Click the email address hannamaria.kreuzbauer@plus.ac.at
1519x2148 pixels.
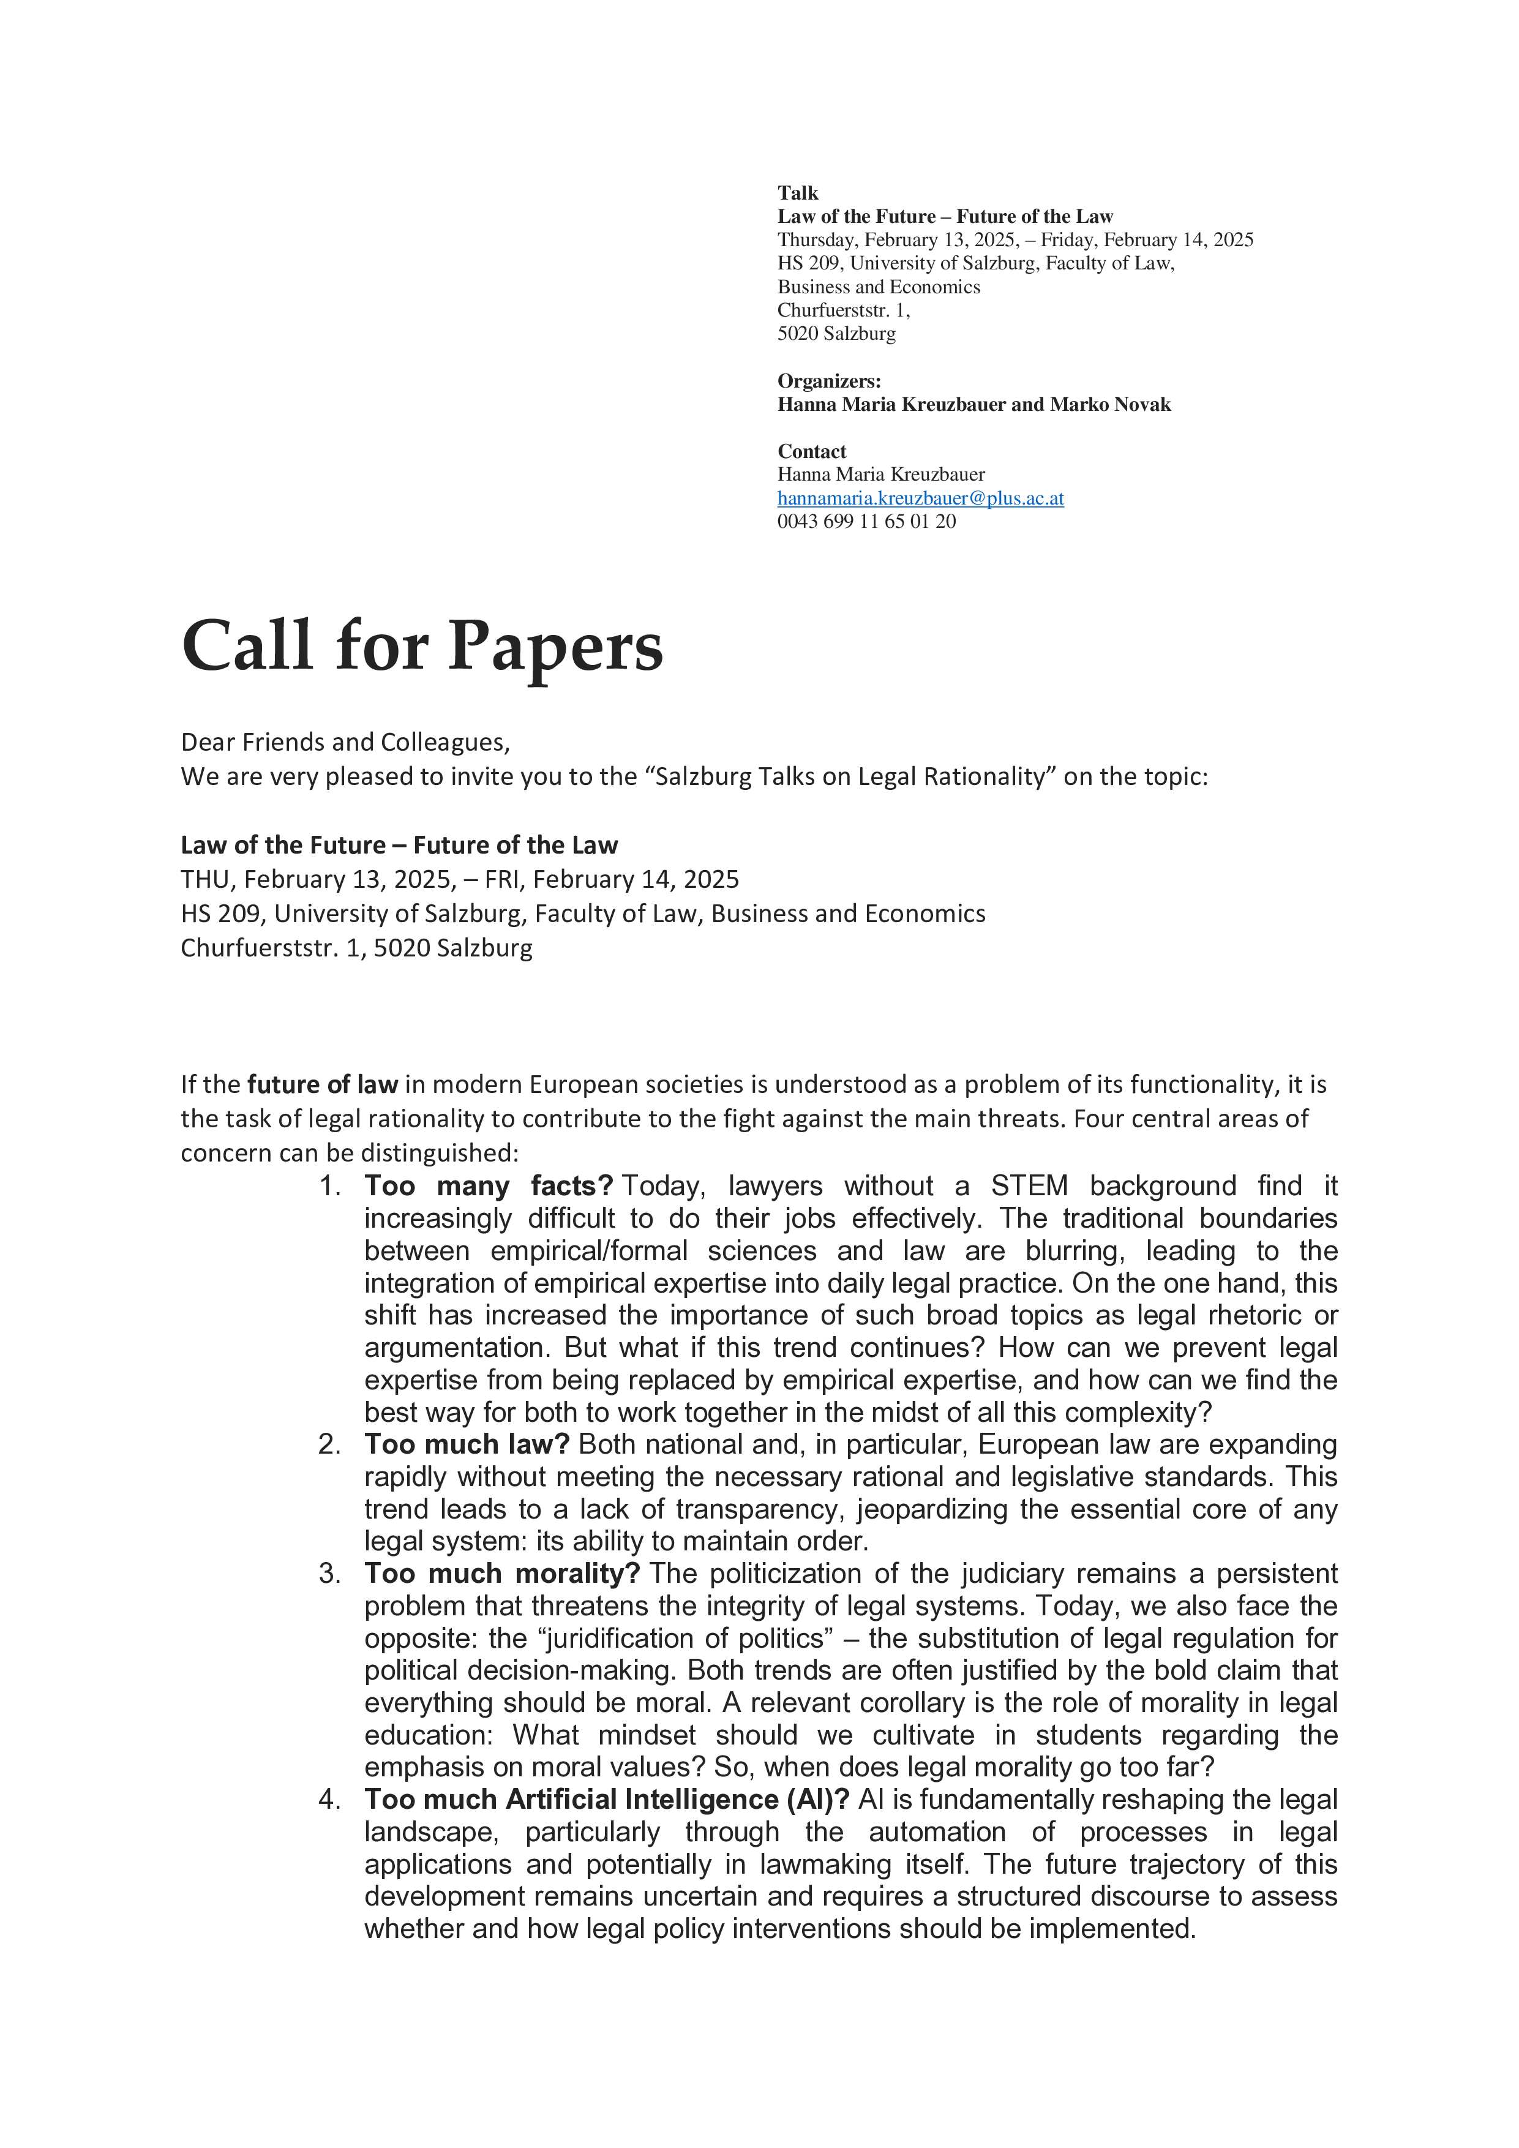tap(920, 498)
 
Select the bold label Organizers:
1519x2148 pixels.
tap(829, 381)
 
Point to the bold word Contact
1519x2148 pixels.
tap(812, 451)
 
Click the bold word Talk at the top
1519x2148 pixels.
tap(798, 193)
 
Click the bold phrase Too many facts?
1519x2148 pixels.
tap(488, 1186)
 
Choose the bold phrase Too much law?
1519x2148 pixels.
tap(467, 1444)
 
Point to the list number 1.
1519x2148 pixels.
tap(329, 1186)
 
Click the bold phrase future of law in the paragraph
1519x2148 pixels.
tap(323, 1084)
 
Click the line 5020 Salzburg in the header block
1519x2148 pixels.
tap(836, 334)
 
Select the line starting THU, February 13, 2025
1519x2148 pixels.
tap(459, 879)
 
